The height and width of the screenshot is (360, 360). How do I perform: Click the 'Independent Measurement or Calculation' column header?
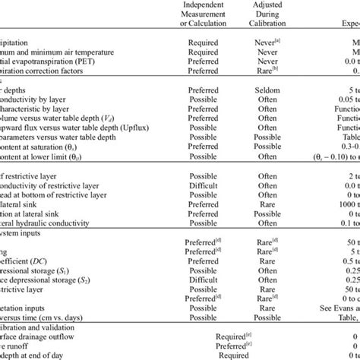203,13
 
